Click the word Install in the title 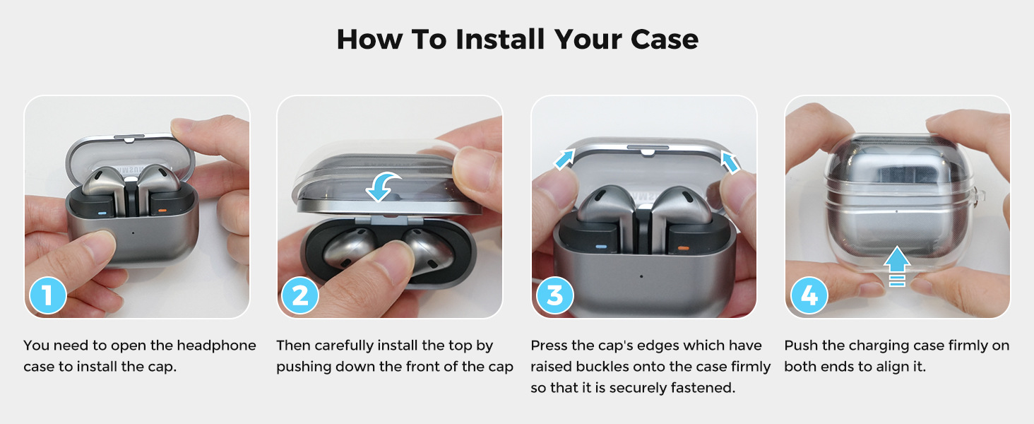click(x=500, y=40)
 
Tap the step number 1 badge click(x=47, y=295)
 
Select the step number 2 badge click(x=300, y=295)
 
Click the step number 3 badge click(x=554, y=295)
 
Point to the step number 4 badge click(x=809, y=295)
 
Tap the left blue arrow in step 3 click(x=564, y=159)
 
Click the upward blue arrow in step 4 click(x=896, y=266)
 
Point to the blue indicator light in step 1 click(x=102, y=214)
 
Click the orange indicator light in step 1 click(x=162, y=211)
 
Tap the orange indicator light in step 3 click(x=683, y=249)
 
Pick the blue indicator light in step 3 click(x=600, y=247)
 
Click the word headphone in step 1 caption click(x=217, y=346)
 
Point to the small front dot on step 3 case click(x=641, y=276)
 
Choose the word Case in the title click(x=664, y=40)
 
